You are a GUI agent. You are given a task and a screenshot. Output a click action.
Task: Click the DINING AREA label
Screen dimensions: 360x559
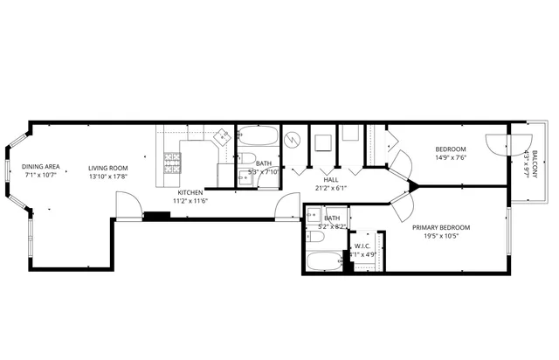(x=40, y=166)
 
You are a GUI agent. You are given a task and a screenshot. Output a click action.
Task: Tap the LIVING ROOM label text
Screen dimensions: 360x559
(x=107, y=167)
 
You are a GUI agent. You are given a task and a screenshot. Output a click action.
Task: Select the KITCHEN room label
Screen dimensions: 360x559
(x=190, y=192)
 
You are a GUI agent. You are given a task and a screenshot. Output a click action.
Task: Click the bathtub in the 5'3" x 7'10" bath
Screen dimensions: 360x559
(x=258, y=136)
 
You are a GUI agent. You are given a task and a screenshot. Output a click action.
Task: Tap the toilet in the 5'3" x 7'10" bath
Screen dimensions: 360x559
(x=246, y=160)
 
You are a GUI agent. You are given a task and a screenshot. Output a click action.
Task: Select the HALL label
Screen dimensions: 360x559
(x=330, y=179)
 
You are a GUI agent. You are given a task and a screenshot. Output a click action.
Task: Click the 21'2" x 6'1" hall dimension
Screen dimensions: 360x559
(x=330, y=188)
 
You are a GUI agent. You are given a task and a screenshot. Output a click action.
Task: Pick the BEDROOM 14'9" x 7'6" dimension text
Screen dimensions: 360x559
(x=451, y=158)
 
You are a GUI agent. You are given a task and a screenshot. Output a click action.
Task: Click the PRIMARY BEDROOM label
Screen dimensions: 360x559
(x=442, y=228)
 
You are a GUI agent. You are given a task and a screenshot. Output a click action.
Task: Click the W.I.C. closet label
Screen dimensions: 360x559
(x=363, y=246)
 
